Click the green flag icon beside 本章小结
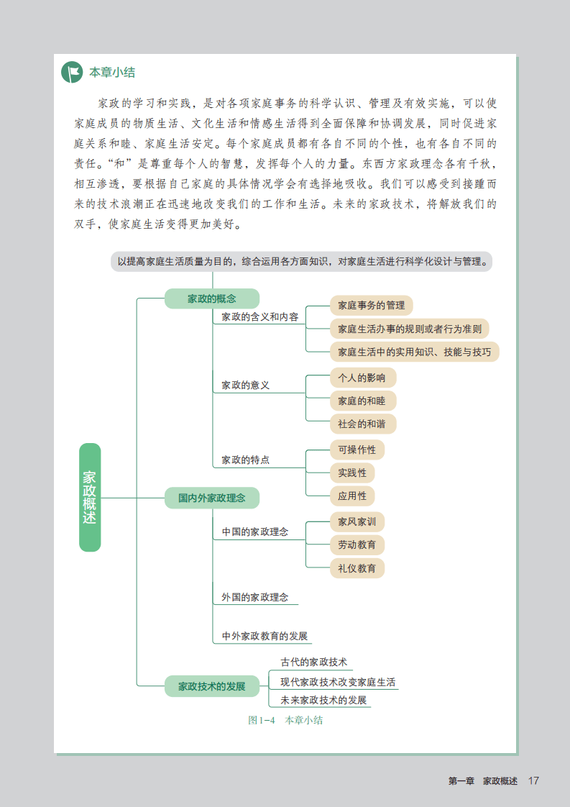point(73,72)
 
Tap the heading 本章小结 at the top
point(111,73)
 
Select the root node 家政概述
point(90,497)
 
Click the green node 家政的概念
point(211,298)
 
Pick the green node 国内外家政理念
point(211,497)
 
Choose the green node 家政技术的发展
point(211,686)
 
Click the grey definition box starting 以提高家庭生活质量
point(302,262)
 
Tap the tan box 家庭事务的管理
point(371,306)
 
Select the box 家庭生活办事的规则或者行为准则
point(409,329)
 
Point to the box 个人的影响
point(362,378)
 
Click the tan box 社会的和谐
point(362,424)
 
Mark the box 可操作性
point(357,450)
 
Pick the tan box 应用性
point(352,496)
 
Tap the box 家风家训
point(357,521)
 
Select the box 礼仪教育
point(357,567)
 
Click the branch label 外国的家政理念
point(255,597)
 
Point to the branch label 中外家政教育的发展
point(265,636)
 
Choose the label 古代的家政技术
point(313,662)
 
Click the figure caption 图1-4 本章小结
point(285,720)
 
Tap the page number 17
point(533,781)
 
